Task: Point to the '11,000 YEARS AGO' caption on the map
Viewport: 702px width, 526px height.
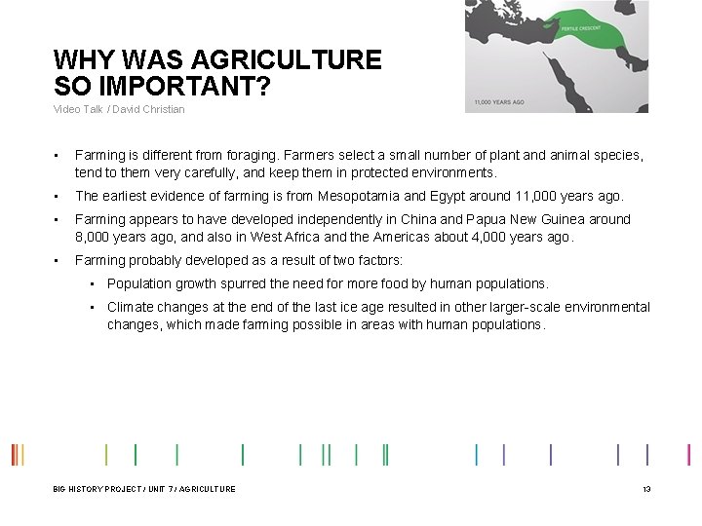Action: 499,101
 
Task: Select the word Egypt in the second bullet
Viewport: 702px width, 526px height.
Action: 476,196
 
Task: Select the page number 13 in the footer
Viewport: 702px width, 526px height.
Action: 646,488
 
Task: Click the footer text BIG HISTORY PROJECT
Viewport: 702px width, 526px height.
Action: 94,488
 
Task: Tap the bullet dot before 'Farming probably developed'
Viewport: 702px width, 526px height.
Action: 58,260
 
